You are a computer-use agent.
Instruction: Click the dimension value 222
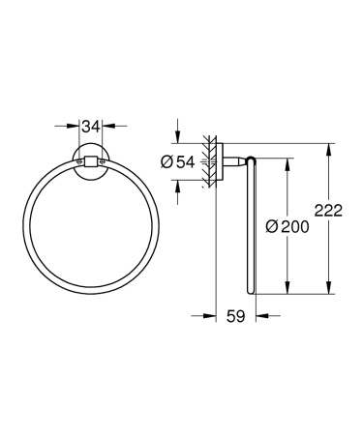(x=334, y=214)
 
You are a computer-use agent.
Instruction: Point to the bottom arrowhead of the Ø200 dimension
(x=285, y=288)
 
